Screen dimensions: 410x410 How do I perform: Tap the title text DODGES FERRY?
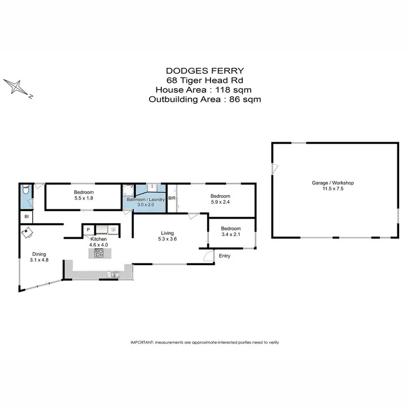point(205,71)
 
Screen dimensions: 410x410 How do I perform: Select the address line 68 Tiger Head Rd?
point(205,80)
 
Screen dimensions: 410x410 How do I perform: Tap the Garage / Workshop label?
point(335,183)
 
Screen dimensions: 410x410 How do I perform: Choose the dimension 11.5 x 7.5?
point(335,189)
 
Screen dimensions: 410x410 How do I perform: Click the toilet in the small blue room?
point(25,191)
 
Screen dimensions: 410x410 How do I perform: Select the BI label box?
point(26,217)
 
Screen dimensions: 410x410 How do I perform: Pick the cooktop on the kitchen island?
point(99,253)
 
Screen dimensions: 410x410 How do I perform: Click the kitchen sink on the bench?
point(114,274)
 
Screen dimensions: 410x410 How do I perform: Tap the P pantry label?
point(87,230)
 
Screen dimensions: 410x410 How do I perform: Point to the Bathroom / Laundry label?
point(145,200)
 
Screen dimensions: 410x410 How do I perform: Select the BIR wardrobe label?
point(172,198)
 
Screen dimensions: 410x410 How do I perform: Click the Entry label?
point(225,256)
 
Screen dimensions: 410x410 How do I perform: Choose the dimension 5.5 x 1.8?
point(84,199)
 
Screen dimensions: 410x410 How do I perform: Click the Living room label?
point(167,232)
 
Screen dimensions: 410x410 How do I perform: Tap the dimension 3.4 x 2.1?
point(230,235)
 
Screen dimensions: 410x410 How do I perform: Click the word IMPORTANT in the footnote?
point(142,342)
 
